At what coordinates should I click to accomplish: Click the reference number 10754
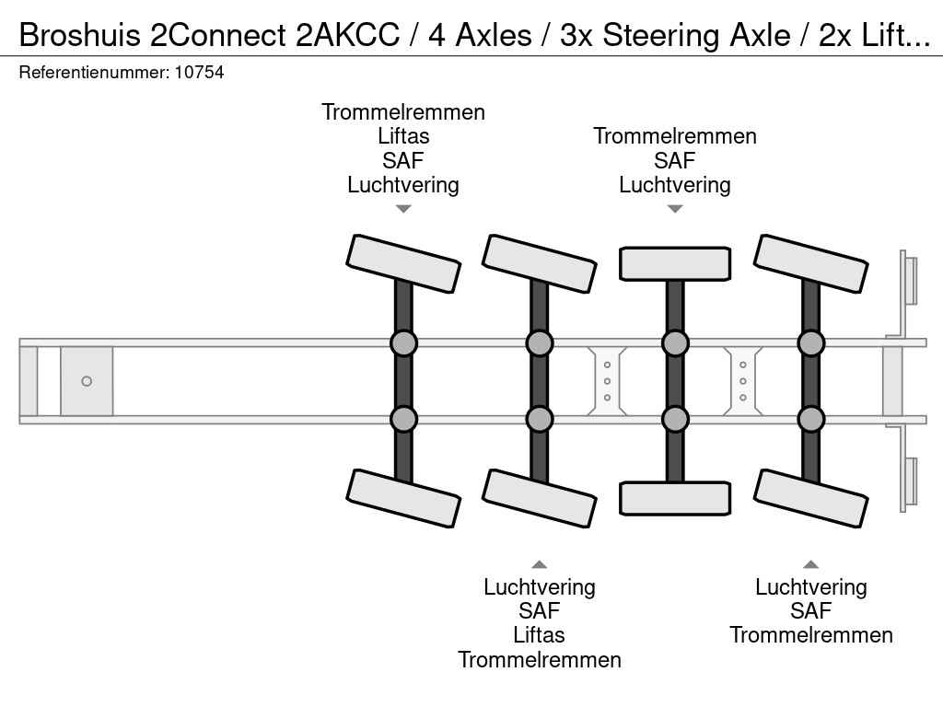tap(199, 72)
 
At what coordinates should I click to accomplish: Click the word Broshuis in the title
tap(78, 35)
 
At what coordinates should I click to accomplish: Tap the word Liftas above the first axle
tap(403, 136)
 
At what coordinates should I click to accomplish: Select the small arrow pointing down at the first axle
tap(403, 209)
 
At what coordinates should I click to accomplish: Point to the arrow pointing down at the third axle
tap(675, 209)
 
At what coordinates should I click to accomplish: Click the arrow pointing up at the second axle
tap(540, 564)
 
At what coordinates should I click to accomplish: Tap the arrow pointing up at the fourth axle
tap(811, 564)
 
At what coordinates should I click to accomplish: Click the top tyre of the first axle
tap(403, 263)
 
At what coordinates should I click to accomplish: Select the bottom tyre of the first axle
tap(403, 498)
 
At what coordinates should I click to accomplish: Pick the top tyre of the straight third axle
tap(675, 263)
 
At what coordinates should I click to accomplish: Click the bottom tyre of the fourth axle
tap(811, 498)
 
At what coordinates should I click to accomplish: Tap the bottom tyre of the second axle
tap(540, 498)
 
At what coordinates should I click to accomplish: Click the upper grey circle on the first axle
tap(403, 343)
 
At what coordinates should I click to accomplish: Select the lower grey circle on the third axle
tap(675, 419)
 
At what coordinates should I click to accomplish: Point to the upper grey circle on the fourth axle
tap(811, 343)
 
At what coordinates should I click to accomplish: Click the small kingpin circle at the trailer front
tap(87, 381)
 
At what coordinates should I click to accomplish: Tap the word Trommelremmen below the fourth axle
tap(811, 635)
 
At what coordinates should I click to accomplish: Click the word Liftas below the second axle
tap(540, 635)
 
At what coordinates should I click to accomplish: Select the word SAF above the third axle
tap(675, 160)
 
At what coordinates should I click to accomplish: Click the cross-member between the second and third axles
tap(607, 381)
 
